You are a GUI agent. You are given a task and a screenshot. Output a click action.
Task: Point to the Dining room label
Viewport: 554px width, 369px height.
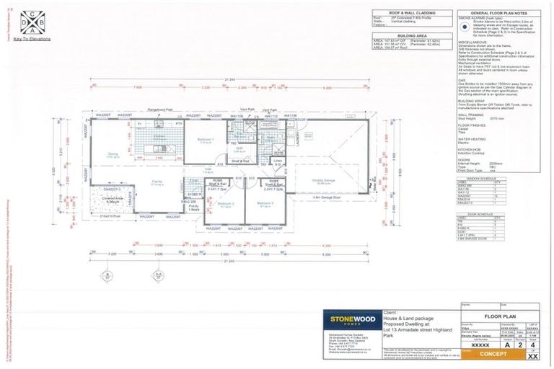click(x=113, y=154)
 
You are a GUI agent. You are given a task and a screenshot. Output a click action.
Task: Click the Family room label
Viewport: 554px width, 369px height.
click(x=157, y=182)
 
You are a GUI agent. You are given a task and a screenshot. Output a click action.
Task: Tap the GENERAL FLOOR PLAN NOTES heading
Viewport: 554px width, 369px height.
click(x=495, y=13)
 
